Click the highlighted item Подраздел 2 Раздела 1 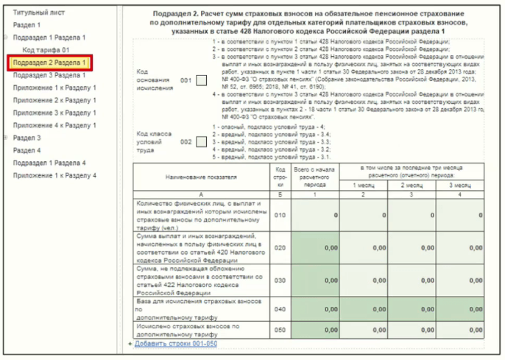(49, 63)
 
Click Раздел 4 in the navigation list (27, 150)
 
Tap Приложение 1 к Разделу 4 (54, 175)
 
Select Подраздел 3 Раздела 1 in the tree (49, 75)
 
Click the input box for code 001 (201, 80)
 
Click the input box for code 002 (201, 141)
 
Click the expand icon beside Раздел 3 (7, 138)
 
